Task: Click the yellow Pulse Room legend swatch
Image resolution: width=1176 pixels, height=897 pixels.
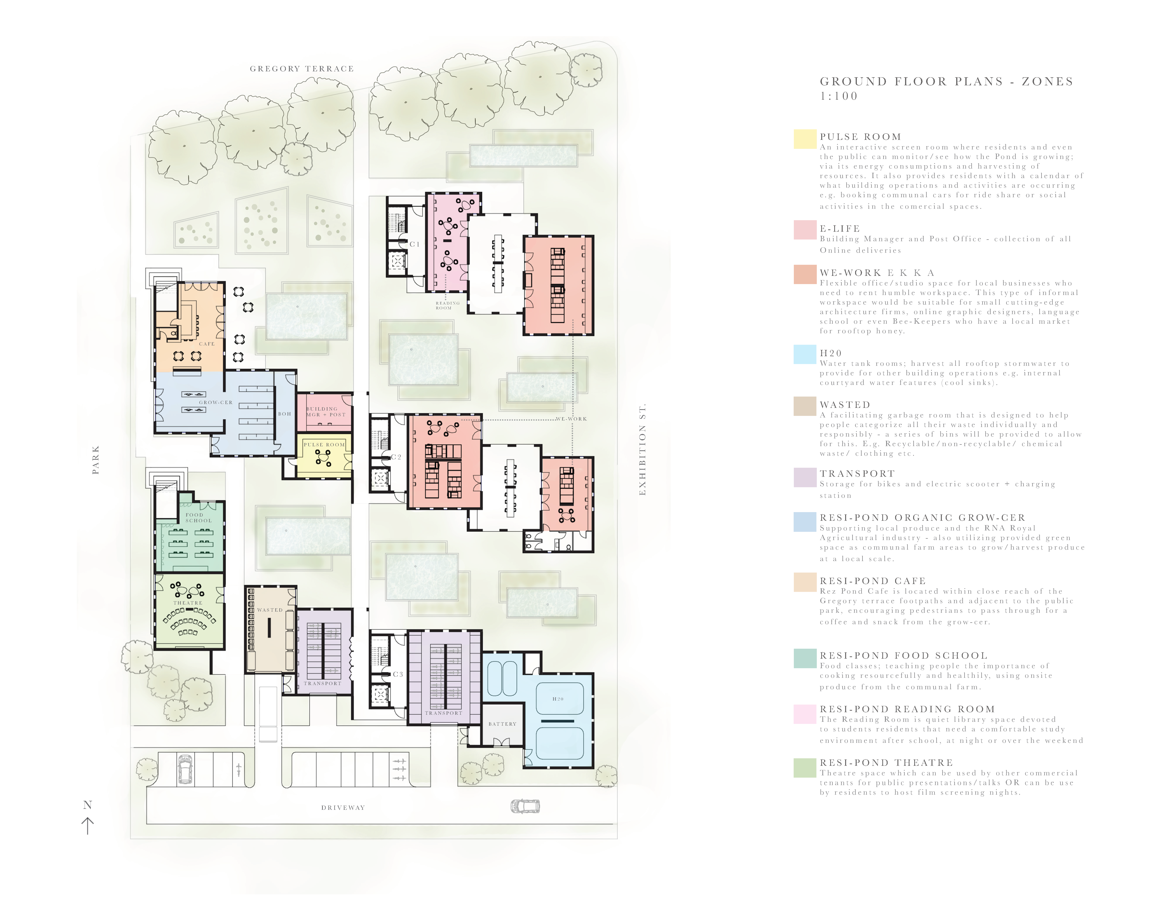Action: (805, 139)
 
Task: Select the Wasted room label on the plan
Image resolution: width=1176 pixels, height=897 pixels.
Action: (270, 610)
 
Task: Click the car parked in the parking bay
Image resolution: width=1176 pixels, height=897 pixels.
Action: (186, 769)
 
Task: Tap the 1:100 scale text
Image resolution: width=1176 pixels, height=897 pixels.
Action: (839, 96)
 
